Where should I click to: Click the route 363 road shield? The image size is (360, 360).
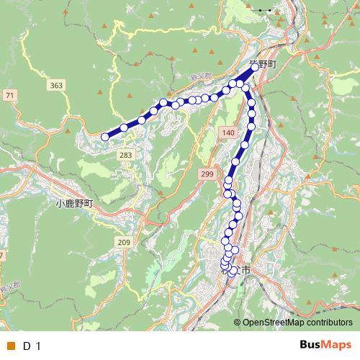coord(56,86)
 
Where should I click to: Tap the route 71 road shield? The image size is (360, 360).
coord(9,95)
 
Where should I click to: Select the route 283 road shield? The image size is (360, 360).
coord(126,155)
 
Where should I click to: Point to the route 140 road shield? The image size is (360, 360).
coord(228,133)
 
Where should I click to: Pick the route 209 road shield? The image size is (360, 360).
coord(123,242)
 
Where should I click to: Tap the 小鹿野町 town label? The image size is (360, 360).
coord(74,204)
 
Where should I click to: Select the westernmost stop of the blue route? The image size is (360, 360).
coord(105,137)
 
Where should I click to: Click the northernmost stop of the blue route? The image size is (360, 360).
coord(253,68)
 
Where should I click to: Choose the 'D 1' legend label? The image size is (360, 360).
coord(31,346)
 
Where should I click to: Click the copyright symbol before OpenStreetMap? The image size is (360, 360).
coord(238,323)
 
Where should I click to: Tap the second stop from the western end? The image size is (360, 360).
coord(124,127)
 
